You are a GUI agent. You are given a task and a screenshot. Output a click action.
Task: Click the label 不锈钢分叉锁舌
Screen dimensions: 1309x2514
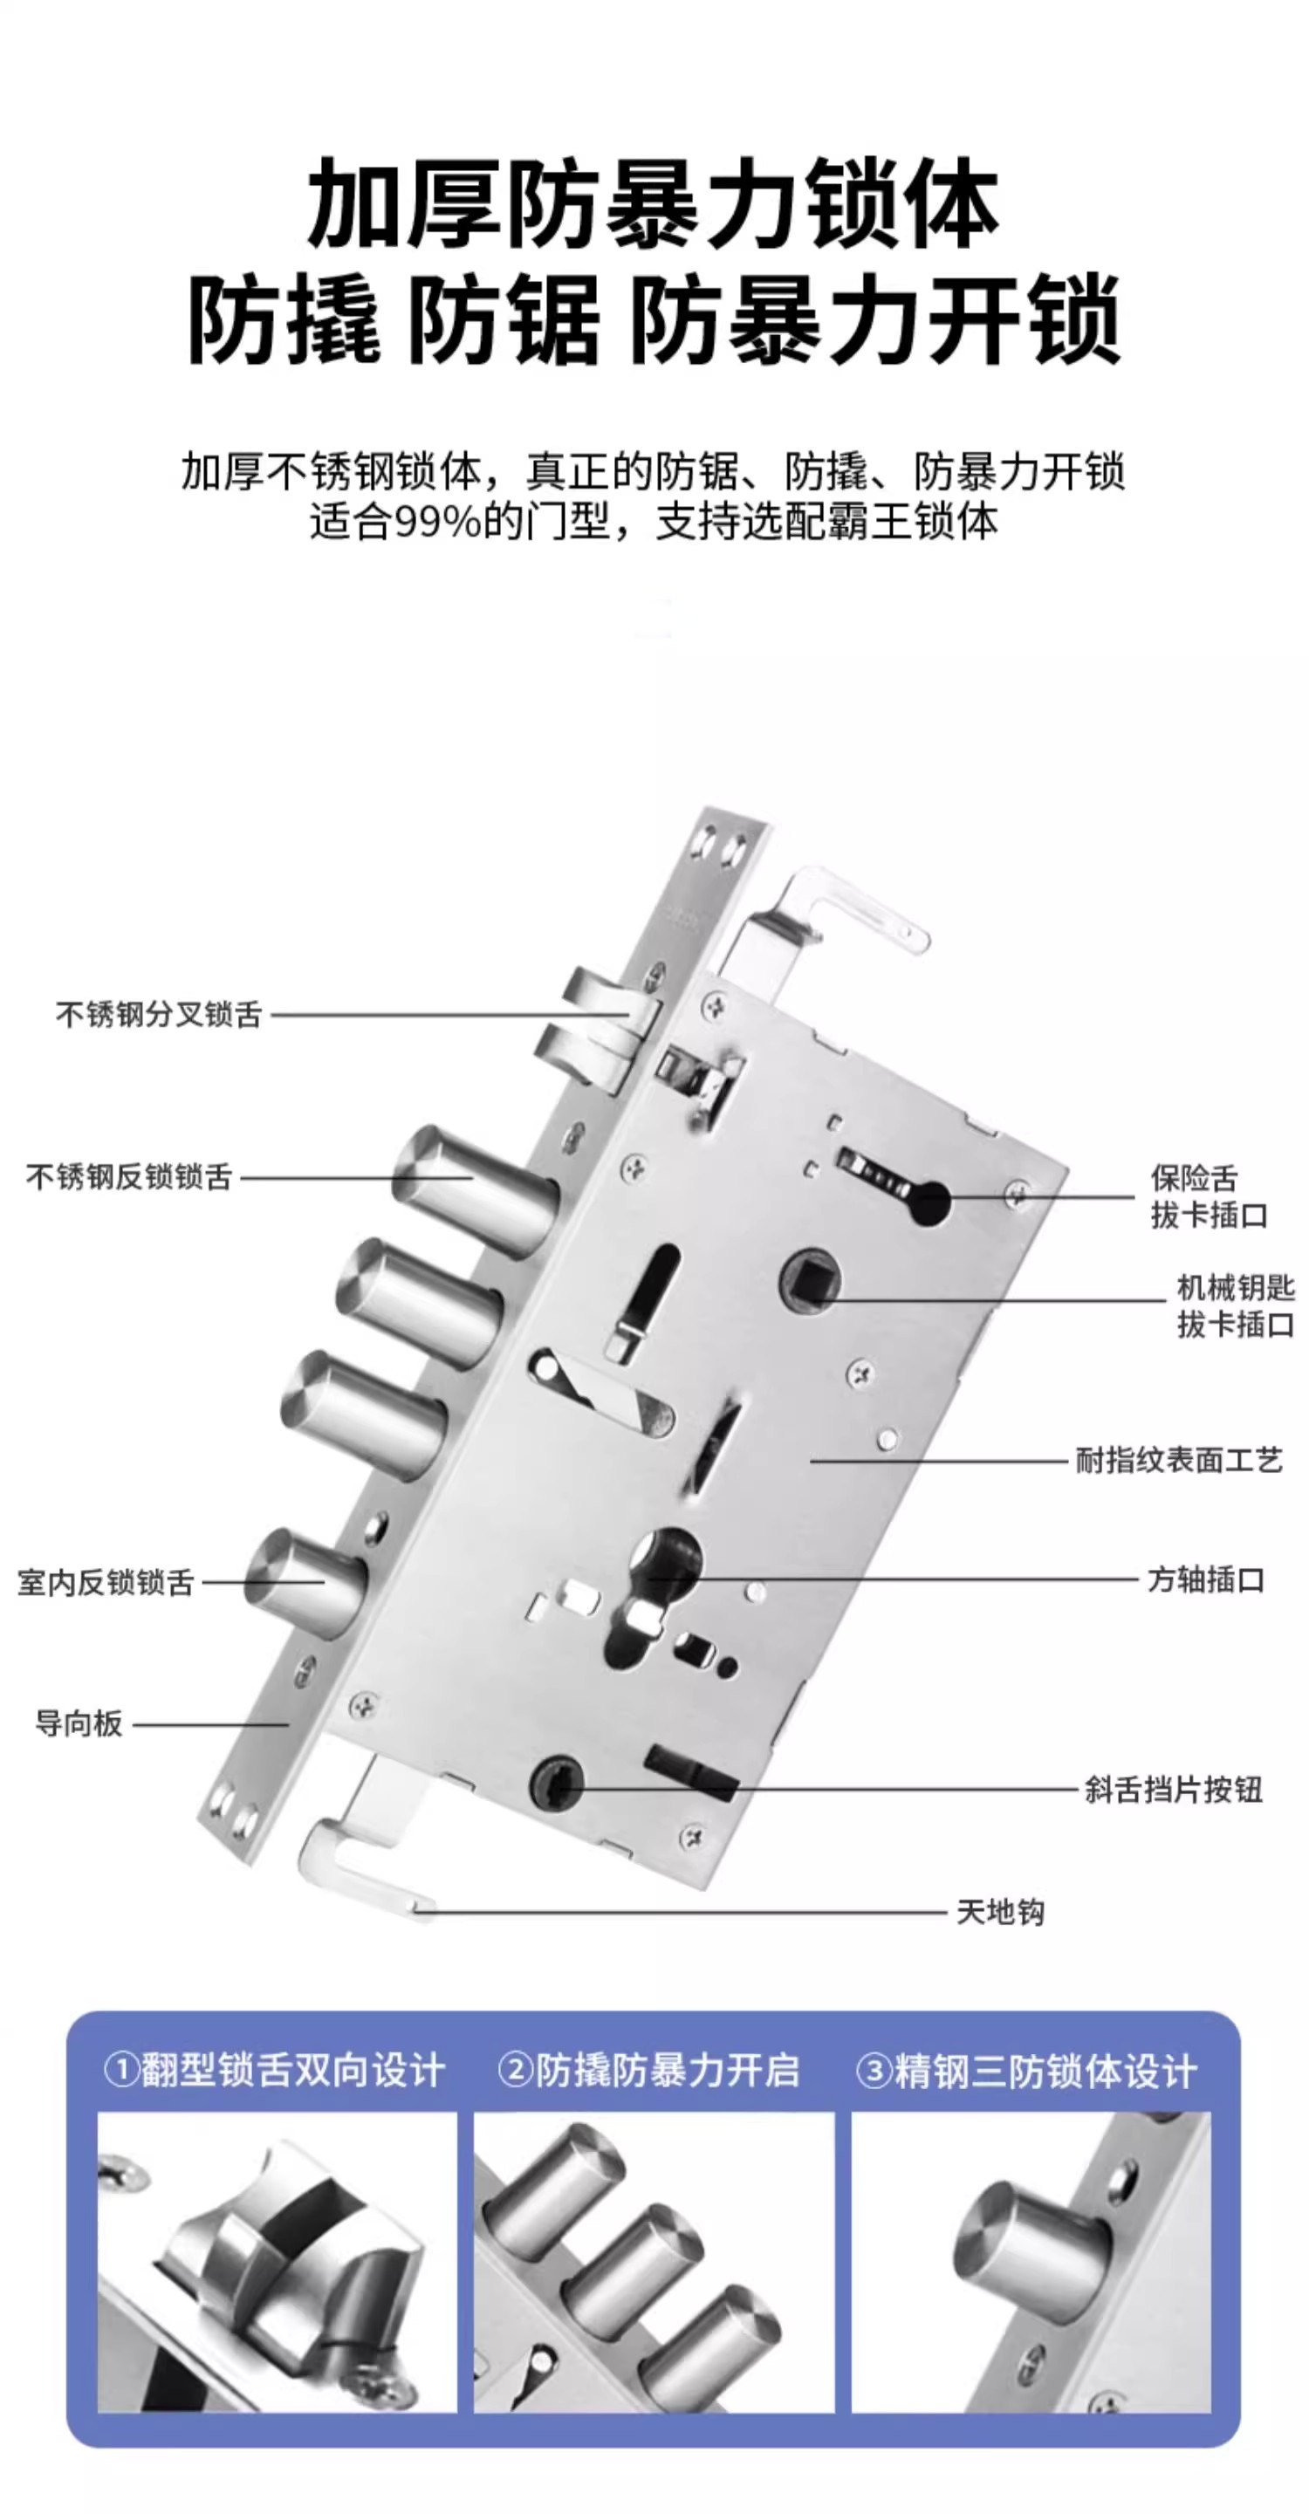tap(159, 1015)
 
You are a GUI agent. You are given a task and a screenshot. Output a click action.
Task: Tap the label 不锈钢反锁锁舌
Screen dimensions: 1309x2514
tap(129, 1177)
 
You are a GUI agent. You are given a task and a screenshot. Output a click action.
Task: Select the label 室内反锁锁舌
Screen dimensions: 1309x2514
tap(106, 1582)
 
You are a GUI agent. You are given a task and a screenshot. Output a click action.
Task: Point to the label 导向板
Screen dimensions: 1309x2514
tap(79, 1723)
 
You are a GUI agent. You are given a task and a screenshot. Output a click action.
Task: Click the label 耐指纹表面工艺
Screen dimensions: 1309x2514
tap(1179, 1460)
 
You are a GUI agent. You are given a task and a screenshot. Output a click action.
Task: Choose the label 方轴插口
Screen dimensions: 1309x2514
tap(1205, 1579)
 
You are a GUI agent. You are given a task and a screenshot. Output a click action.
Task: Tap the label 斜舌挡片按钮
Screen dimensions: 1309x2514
tap(1174, 1789)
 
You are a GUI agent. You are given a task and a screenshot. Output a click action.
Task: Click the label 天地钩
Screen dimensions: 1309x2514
tap(1001, 1912)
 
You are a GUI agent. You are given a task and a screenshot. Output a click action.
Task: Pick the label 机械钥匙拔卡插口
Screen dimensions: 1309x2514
tap(1236, 1305)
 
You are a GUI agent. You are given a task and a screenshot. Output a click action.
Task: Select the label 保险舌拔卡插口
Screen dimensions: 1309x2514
tap(1209, 1196)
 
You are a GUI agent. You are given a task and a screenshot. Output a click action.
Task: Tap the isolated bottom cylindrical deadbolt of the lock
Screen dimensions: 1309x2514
tap(305, 1580)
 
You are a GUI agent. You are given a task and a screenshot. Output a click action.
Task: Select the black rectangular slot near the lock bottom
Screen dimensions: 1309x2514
tap(691, 1771)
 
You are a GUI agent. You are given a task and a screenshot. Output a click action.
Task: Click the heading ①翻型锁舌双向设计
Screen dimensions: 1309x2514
tap(274, 2071)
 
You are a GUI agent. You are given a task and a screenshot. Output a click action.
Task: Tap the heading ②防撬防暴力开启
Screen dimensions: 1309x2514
tap(648, 2071)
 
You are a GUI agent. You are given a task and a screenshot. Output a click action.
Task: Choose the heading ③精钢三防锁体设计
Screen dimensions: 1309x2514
tap(1026, 2071)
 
